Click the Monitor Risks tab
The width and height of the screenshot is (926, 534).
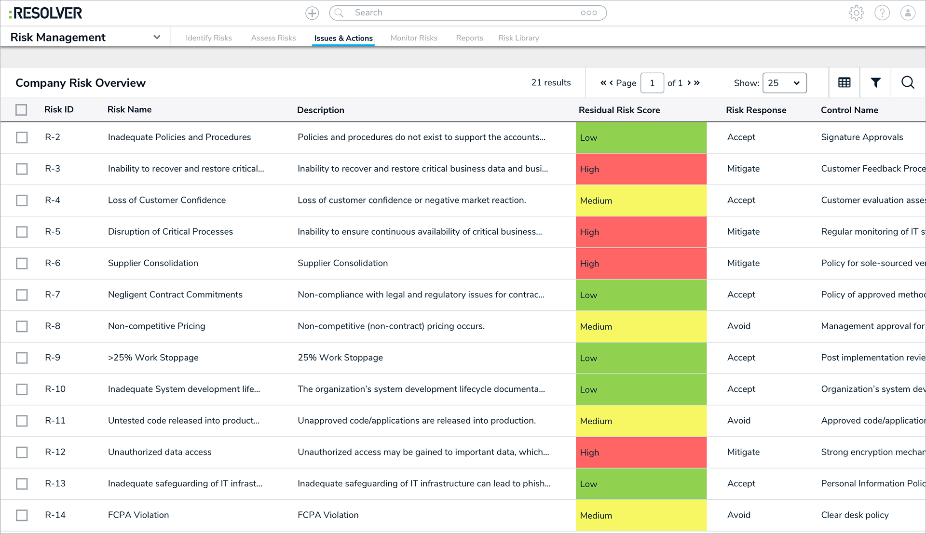pos(413,38)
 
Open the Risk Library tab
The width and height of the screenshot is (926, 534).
pos(518,38)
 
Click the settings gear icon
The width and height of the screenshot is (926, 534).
pos(856,13)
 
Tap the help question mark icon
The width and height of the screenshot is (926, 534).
pos(882,13)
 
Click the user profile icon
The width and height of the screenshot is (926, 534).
pos(907,13)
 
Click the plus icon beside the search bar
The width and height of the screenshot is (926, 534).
pos(312,13)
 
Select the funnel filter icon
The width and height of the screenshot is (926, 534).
pos(875,82)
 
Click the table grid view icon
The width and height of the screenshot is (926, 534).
pos(844,82)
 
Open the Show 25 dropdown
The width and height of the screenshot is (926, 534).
pos(784,83)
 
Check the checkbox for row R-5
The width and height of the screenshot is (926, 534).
pos(22,232)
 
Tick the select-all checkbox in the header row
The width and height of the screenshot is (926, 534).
pos(21,110)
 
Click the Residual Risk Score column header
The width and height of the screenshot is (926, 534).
pos(619,110)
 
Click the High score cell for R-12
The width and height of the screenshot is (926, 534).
pos(640,453)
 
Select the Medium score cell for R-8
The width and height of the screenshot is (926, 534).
pos(640,326)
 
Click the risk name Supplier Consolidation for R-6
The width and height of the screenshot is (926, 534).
pos(153,263)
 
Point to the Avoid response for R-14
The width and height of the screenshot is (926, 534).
pos(738,515)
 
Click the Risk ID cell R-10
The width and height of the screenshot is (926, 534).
pos(55,389)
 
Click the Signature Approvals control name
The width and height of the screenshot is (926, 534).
pos(861,137)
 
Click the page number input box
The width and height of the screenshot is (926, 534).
pos(652,83)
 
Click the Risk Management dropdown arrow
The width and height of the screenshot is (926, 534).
pos(156,37)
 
